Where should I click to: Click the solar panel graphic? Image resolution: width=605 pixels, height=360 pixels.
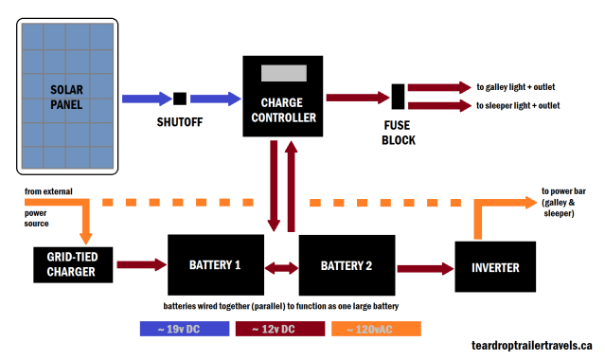tap(67, 97)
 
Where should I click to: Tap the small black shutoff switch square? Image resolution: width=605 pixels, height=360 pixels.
tap(179, 98)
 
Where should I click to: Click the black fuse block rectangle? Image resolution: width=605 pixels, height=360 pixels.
tap(399, 97)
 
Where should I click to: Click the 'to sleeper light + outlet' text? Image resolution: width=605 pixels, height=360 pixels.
tap(532, 105)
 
